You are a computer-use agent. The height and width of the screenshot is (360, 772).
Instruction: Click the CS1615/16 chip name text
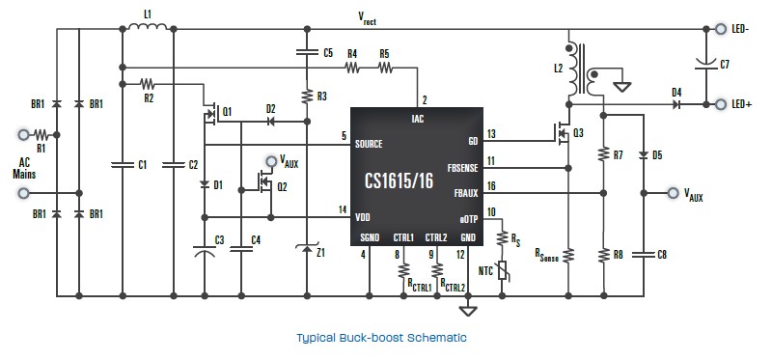(399, 180)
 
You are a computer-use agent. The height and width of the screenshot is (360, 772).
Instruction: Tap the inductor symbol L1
(148, 26)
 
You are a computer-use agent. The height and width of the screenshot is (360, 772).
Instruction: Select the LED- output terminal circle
(721, 29)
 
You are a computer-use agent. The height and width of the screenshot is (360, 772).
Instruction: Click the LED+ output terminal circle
(721, 104)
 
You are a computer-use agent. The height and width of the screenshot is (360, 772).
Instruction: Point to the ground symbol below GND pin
(468, 310)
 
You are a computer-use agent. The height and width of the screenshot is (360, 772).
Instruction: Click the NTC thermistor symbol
(503, 271)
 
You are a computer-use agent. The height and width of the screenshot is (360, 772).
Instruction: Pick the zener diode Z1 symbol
(307, 248)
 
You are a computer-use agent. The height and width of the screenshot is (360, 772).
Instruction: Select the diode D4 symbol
(677, 104)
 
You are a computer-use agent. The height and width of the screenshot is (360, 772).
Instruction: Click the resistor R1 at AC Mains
(41, 134)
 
